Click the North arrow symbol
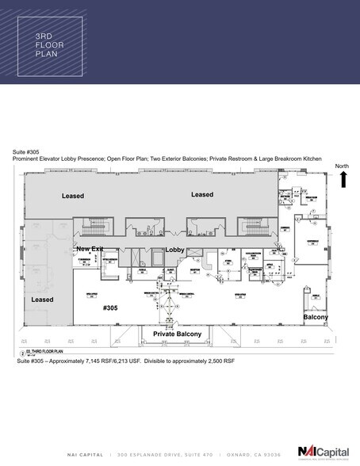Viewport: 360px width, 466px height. point(343,180)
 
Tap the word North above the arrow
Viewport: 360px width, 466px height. point(342,166)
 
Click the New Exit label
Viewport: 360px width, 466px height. point(90,249)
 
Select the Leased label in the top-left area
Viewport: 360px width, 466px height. point(73,195)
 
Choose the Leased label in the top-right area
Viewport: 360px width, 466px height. point(202,193)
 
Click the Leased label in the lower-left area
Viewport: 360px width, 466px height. point(42,300)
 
